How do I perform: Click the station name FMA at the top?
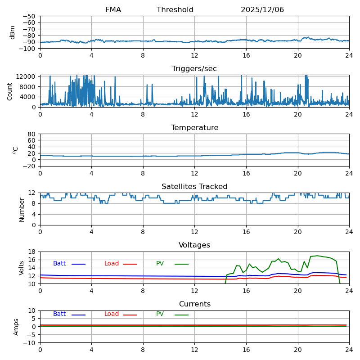coord(113,9)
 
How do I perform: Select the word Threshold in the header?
coord(175,9)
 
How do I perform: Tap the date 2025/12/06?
coord(262,9)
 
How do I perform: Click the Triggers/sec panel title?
coord(194,69)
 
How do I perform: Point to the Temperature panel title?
coord(194,127)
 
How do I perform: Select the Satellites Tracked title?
coord(194,186)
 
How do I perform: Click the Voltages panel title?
coord(194,245)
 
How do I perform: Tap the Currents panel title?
coord(194,304)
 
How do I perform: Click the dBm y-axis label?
coord(12,32)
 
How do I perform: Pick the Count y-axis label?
coord(9,92)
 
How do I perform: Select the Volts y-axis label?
coord(21,268)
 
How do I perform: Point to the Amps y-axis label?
coord(16,327)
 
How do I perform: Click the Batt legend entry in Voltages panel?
coord(59,263)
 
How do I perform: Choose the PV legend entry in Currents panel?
coord(160,314)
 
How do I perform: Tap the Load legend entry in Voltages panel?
coord(111,263)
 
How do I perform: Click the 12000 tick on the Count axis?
coord(25,76)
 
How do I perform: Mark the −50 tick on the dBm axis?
coord(29,16)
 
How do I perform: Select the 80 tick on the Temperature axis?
coord(31,134)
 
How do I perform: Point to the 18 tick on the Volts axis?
coord(31,252)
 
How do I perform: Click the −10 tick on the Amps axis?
coord(29,343)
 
